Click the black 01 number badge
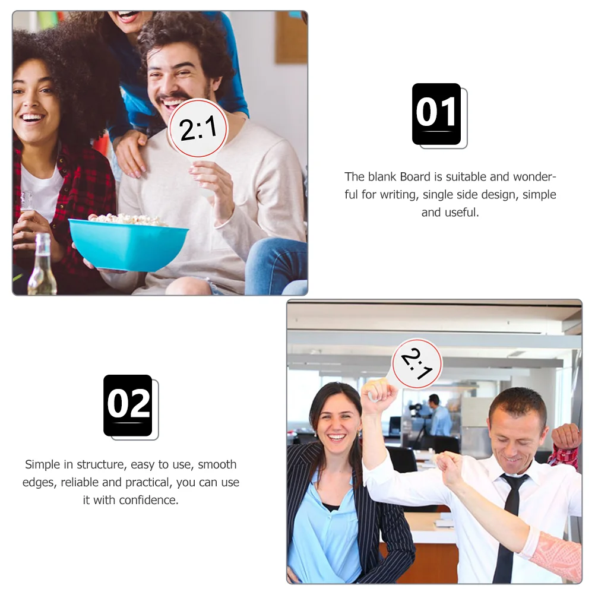click(436, 113)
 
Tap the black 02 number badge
click(128, 405)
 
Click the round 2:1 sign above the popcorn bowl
click(197, 128)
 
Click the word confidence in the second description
click(148, 500)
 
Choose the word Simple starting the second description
click(47, 464)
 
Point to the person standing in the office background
click(439, 416)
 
